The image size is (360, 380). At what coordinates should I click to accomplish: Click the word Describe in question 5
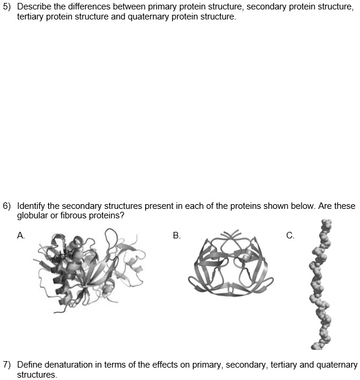(x=35, y=7)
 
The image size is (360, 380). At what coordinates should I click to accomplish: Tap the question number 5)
(x=7, y=7)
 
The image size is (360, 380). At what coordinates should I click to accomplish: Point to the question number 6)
(x=7, y=207)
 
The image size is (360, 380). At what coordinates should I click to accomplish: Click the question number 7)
(x=7, y=365)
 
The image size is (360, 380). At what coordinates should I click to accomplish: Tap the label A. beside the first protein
(x=21, y=235)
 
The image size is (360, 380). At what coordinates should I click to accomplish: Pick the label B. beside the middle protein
(x=176, y=235)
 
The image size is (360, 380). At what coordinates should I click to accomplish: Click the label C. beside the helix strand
(x=290, y=235)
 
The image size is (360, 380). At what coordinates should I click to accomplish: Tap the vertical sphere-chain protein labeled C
(x=319, y=283)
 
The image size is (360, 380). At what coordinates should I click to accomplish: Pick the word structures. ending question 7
(x=37, y=374)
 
